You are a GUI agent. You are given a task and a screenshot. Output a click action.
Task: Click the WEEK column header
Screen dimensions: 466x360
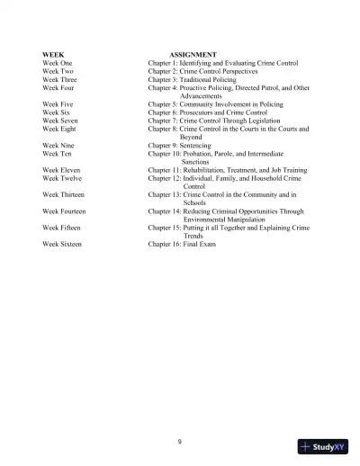53,56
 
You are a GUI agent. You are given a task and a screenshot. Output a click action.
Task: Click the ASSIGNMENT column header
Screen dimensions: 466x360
194,56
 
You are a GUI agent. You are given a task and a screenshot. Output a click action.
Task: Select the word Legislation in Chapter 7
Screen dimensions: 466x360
266,121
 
